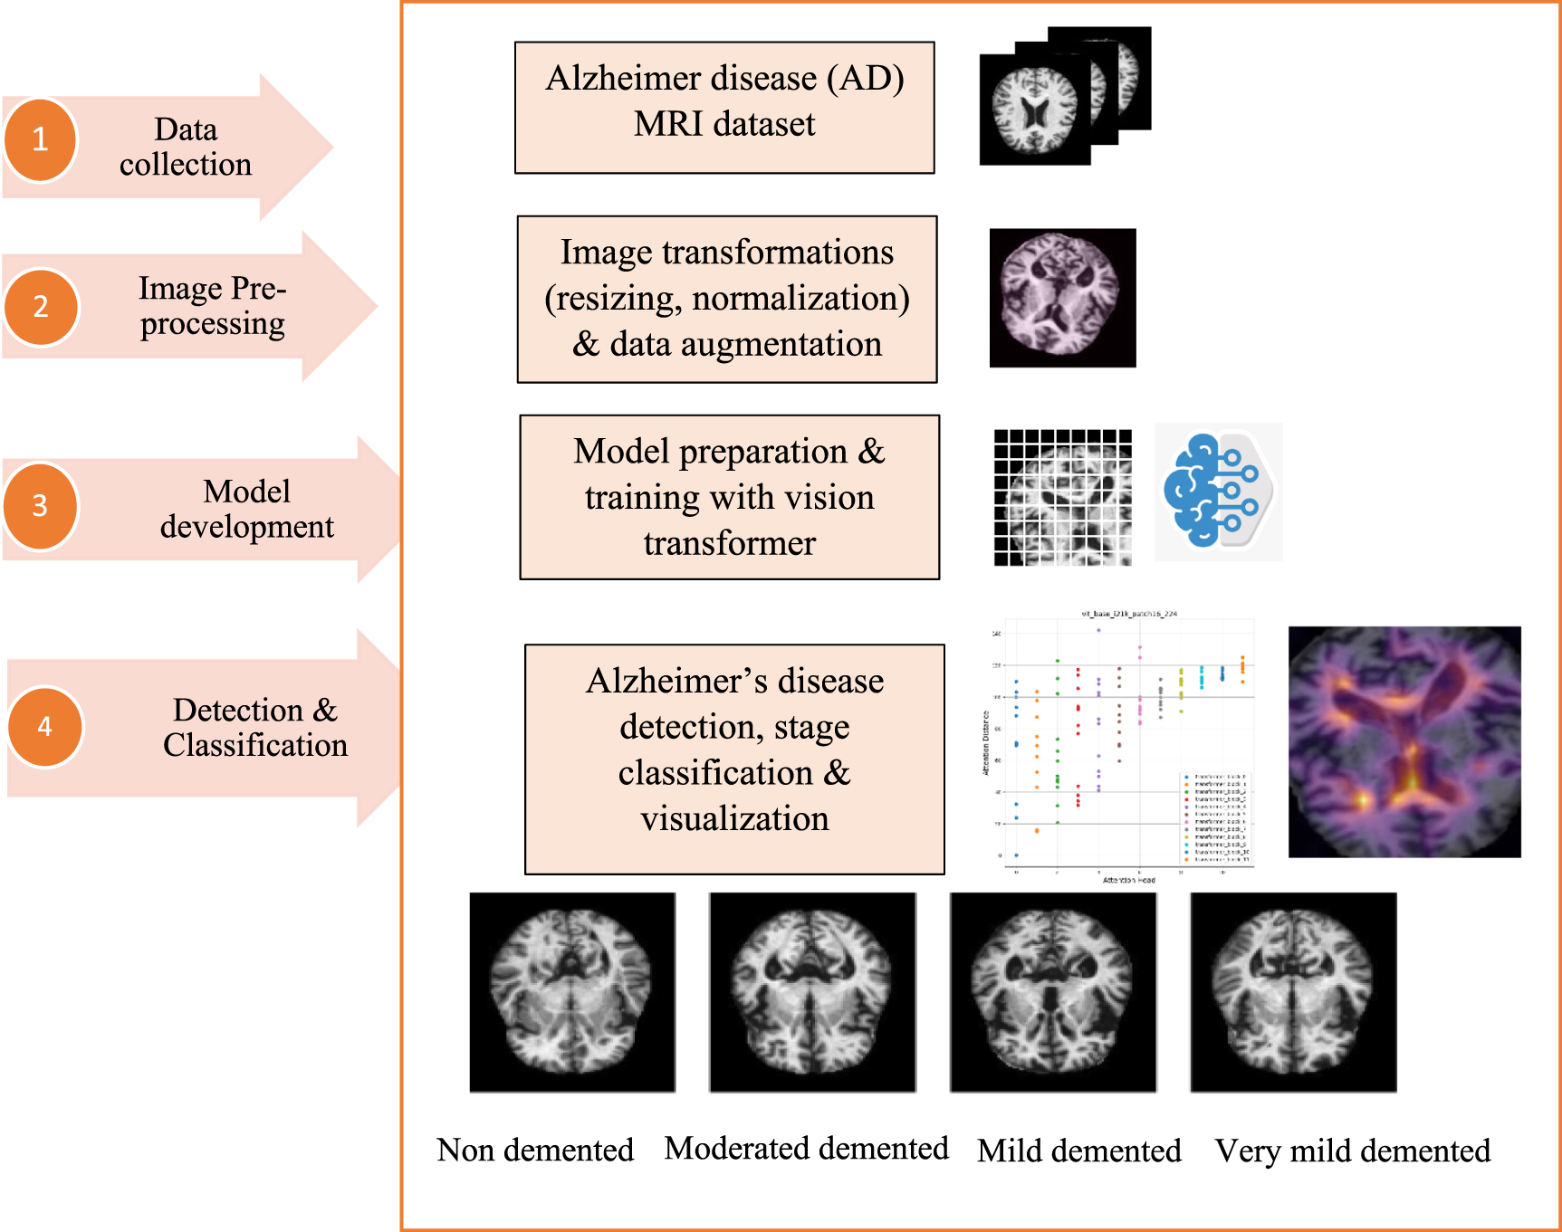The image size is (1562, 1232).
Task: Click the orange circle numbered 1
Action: point(40,140)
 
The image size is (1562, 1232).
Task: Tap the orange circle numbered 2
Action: point(41,307)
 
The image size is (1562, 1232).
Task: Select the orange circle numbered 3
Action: point(40,506)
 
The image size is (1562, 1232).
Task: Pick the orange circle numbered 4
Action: point(45,727)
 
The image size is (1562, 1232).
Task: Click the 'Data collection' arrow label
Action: point(186,147)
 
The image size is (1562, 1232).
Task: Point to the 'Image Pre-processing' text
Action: point(212,306)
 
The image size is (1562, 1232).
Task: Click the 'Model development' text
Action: point(246,509)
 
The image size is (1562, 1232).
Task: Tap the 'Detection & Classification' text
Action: point(254,727)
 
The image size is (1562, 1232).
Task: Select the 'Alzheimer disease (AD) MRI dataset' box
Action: point(724,107)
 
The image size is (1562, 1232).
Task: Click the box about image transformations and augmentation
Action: point(727,299)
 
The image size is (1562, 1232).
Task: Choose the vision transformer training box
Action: point(730,497)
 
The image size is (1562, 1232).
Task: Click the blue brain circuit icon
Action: point(1218,492)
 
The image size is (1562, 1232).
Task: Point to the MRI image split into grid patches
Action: point(1062,498)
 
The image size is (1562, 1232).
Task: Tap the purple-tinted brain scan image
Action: point(1062,298)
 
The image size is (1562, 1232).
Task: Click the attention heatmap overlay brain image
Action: point(1404,742)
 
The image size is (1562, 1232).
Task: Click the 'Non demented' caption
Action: point(535,1150)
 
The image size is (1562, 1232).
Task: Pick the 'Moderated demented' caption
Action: point(806,1148)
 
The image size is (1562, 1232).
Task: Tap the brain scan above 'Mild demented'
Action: point(1053,992)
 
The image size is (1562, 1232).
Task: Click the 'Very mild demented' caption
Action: point(1352,1151)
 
